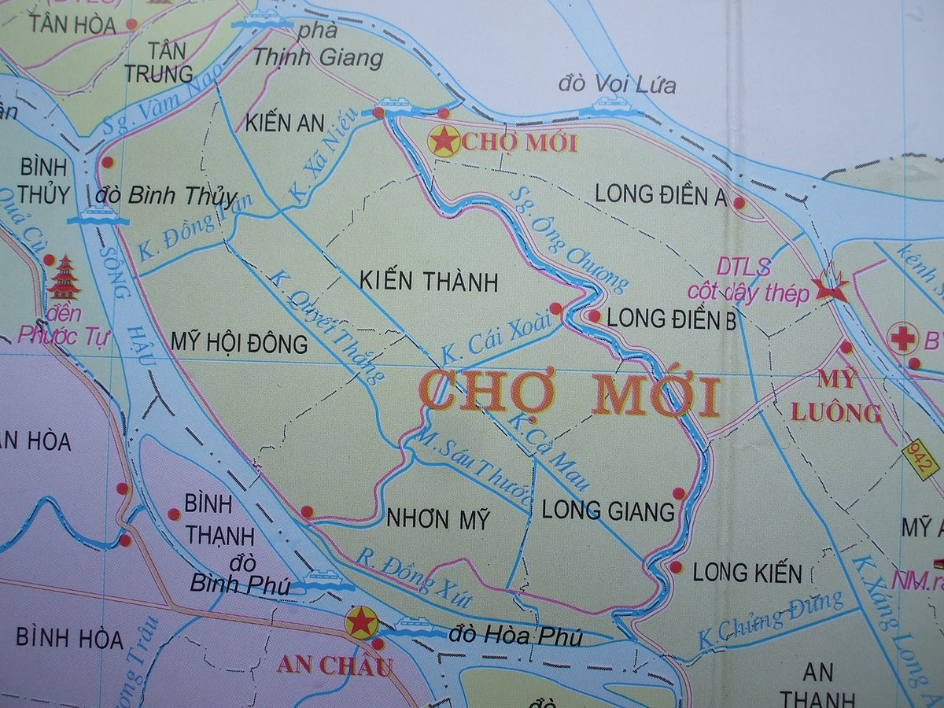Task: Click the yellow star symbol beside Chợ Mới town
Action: click(444, 142)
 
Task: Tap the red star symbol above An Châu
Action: click(361, 621)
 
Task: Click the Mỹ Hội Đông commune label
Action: click(239, 344)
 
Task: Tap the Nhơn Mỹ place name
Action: click(438, 519)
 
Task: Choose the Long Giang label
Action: click(608, 511)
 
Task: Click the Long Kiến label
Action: click(747, 573)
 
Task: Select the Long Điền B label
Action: click(672, 319)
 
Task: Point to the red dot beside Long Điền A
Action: click(739, 203)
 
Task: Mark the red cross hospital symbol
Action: click(903, 338)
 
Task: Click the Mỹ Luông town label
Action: click(836, 396)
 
